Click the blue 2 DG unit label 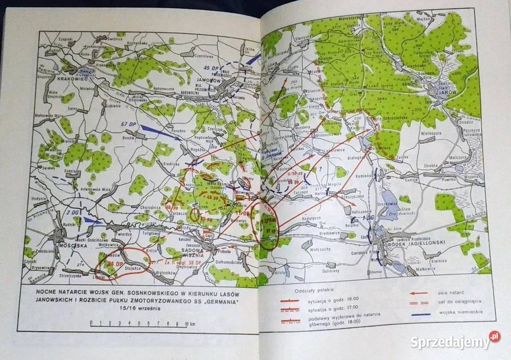point(73,212)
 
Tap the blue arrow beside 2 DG point(91,220)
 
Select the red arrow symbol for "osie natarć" point(420,293)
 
